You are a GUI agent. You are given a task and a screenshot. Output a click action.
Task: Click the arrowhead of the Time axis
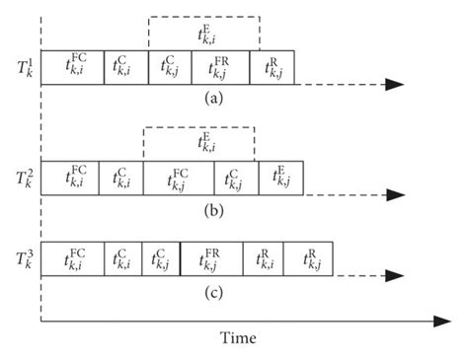pyautogui.click(x=440, y=322)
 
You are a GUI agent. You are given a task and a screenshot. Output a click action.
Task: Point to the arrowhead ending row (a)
pyautogui.click(x=394, y=84)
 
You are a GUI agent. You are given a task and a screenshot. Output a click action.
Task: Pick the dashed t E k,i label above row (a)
pyautogui.click(x=204, y=34)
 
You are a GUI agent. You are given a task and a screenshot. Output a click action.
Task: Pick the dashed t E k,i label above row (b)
pyautogui.click(x=199, y=144)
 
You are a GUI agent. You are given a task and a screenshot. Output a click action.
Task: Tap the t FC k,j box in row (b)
pyautogui.click(x=179, y=179)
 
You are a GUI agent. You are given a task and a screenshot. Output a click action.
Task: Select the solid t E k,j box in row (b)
pyautogui.click(x=281, y=179)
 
